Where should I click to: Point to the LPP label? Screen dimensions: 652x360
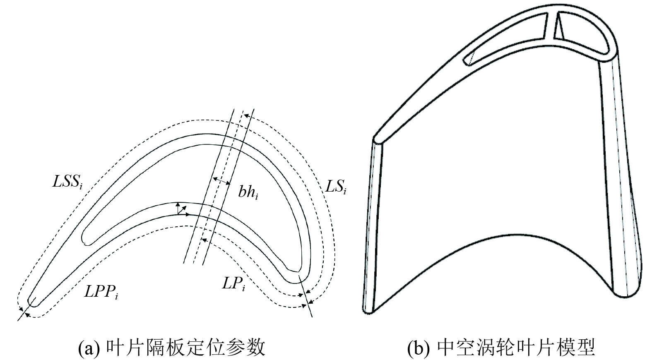tap(101, 292)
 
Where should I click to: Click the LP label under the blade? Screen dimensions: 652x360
tap(233, 284)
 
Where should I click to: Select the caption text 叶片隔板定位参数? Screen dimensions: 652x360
tap(185, 348)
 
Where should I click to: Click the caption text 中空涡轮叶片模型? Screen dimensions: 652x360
tap(516, 348)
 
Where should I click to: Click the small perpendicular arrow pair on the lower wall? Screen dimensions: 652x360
tap(181, 209)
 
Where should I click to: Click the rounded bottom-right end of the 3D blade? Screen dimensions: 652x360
tap(627, 290)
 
